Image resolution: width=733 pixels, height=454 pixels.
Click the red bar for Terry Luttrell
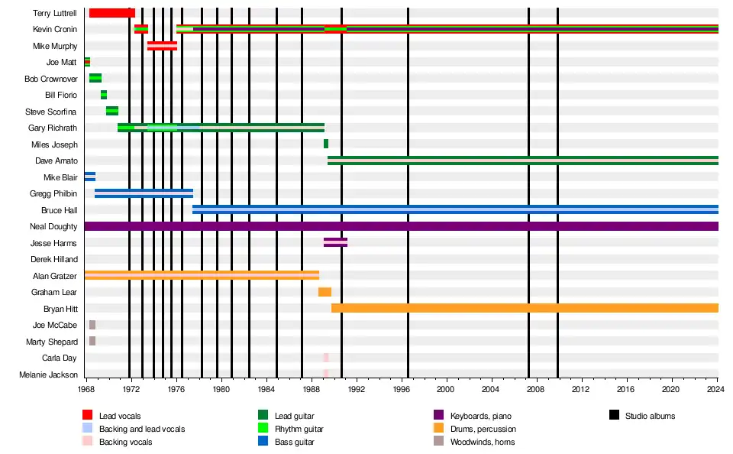pos(111,13)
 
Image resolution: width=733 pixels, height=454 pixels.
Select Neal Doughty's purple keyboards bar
pos(401,226)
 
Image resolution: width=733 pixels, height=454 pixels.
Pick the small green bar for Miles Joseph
pos(326,144)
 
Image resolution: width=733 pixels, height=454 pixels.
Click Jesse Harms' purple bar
pos(335,242)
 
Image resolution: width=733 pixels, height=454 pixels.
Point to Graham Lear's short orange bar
pos(325,292)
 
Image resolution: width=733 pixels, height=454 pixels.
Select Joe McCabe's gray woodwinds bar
pos(92,325)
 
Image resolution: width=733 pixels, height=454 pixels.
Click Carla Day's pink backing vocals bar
pos(325,358)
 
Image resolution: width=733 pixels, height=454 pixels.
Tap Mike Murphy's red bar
pos(162,46)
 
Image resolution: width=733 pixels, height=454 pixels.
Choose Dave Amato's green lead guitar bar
pos(523,161)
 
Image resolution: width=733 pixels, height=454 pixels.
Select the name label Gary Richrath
pos(52,128)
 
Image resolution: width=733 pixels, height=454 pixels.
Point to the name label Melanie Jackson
pos(50,375)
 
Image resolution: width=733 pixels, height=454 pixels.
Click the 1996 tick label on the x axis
pos(408,389)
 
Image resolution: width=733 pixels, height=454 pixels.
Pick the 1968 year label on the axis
pos(86,389)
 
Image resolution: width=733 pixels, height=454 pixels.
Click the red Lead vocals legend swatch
pos(87,416)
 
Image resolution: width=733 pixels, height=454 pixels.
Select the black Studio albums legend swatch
pos(614,416)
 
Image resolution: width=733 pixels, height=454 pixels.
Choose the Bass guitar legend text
pos(295,442)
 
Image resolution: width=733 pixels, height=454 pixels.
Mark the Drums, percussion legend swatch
pos(438,429)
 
